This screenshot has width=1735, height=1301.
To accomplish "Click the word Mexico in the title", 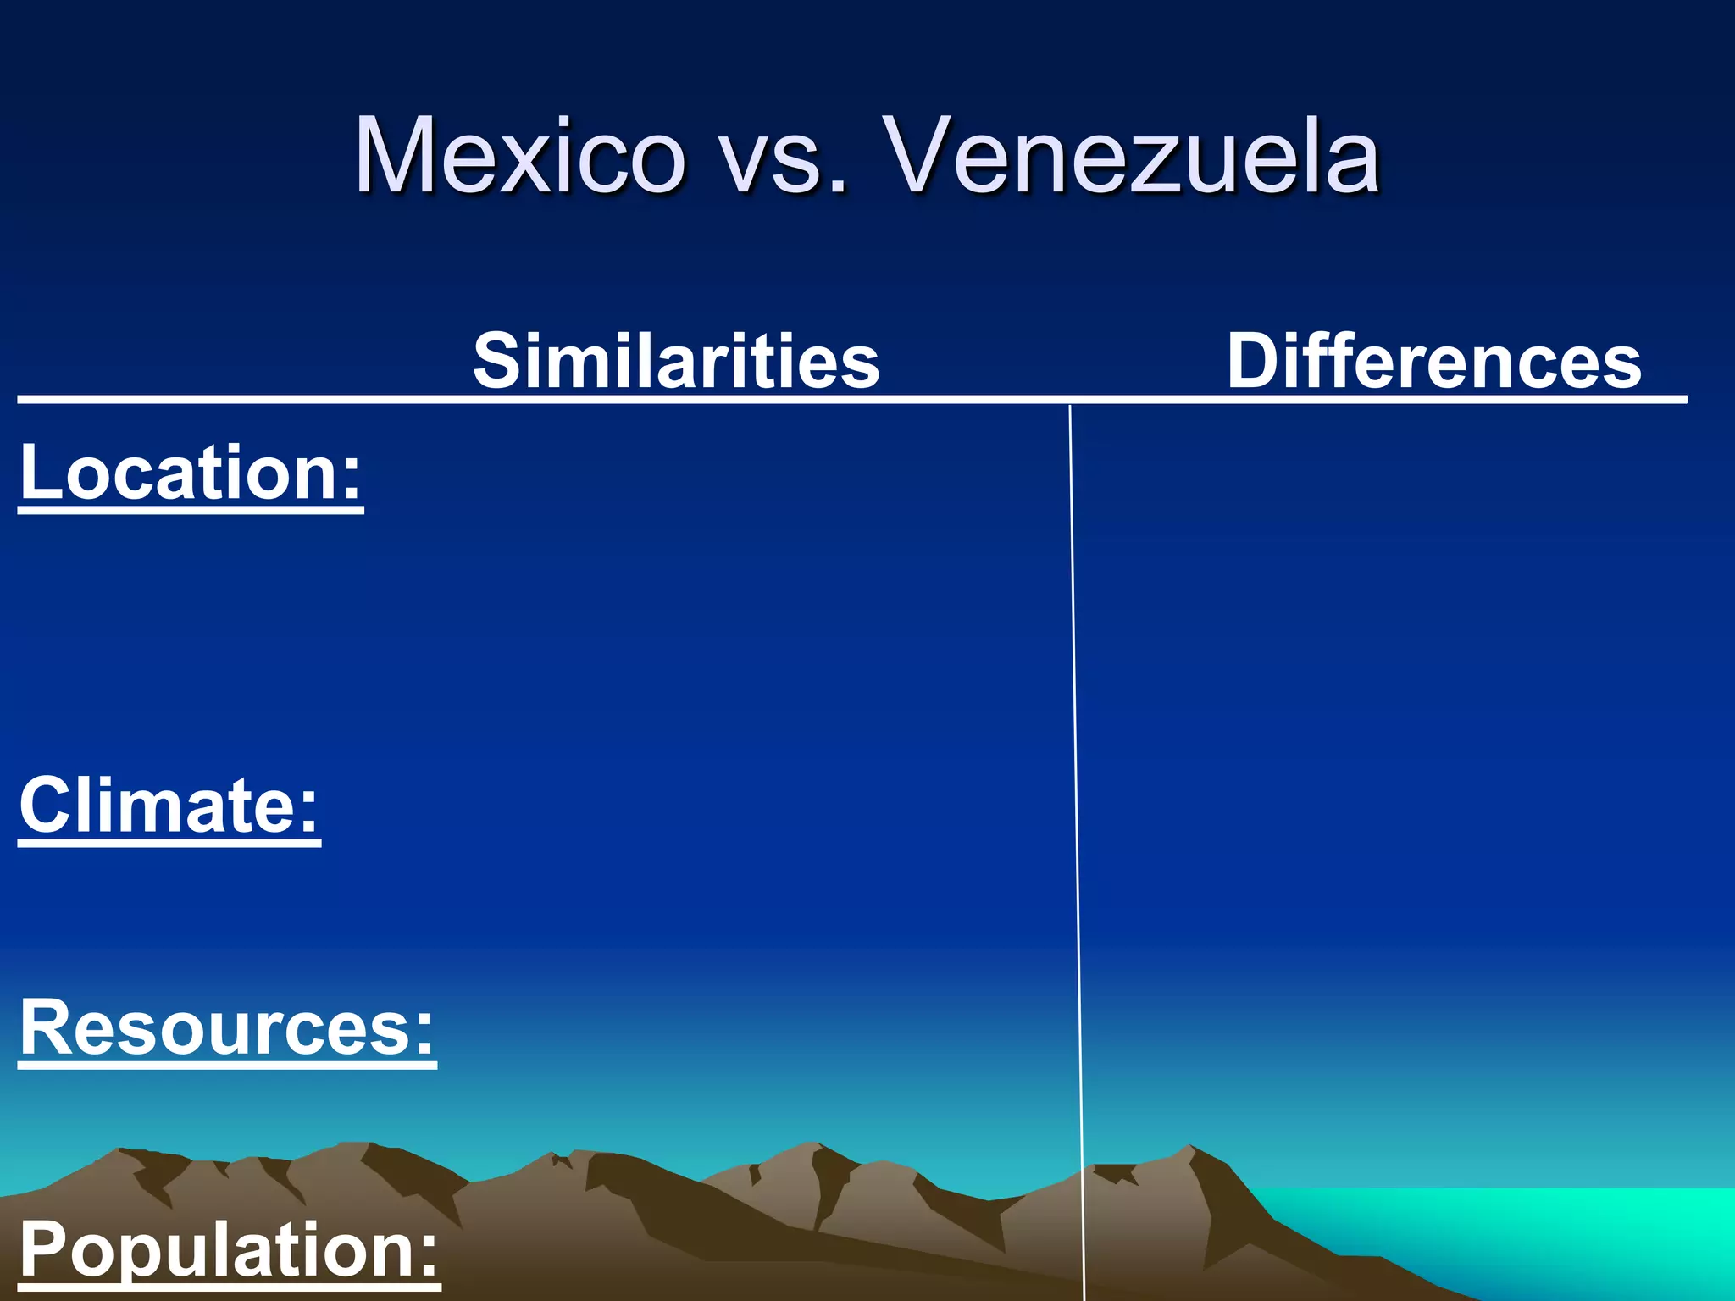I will (x=519, y=156).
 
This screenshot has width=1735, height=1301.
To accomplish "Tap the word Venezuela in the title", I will (x=1132, y=156).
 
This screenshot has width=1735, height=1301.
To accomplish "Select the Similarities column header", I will (x=676, y=361).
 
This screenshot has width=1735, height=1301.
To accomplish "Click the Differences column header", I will (x=1433, y=361).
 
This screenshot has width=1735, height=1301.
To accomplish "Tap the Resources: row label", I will (x=227, y=1027).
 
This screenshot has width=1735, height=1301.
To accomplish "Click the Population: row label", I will (x=230, y=1249).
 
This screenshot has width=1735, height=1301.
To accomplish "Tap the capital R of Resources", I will (x=47, y=1027).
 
